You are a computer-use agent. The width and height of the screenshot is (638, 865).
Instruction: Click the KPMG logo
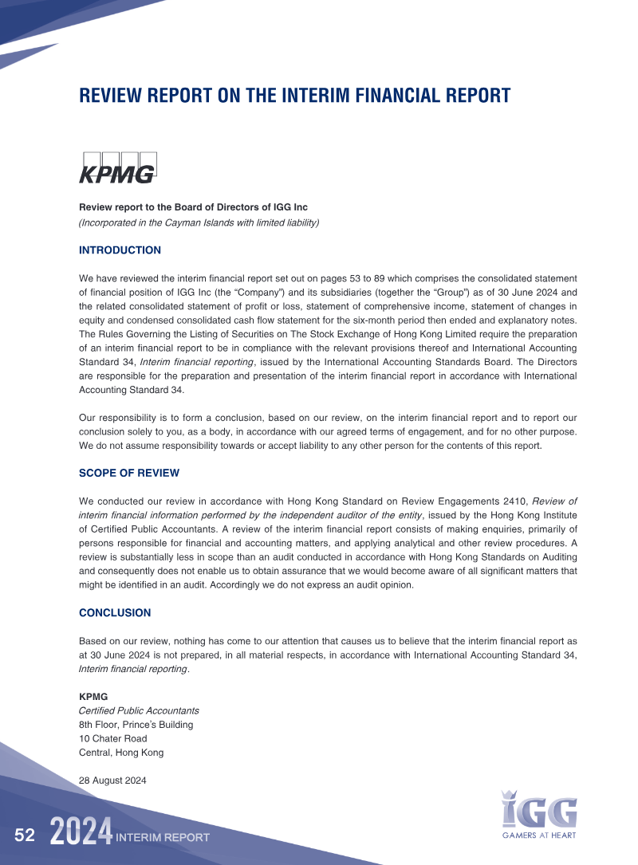(118, 167)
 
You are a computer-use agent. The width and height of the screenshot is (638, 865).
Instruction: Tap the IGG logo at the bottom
(539, 808)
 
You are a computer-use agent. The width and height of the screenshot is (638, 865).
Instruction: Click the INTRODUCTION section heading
(120, 250)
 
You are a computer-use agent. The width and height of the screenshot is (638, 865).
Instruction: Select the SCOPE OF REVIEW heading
(129, 473)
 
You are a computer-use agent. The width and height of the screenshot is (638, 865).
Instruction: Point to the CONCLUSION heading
(115, 613)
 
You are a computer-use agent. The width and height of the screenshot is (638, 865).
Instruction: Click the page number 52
(25, 836)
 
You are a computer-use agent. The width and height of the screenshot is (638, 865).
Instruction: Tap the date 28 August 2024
(112, 780)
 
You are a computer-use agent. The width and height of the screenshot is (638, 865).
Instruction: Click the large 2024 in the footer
(81, 833)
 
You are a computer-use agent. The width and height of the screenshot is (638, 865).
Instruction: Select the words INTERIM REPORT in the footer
(163, 837)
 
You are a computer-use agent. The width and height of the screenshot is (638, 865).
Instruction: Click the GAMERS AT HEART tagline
(538, 836)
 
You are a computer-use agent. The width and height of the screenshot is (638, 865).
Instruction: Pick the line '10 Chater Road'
(112, 738)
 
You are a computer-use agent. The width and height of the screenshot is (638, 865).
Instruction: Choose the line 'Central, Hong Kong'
(121, 752)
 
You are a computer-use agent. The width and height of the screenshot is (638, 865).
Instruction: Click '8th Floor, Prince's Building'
(136, 725)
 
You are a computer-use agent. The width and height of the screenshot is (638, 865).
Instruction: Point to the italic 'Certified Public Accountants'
(139, 710)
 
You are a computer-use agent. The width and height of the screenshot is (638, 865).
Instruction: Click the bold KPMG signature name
(93, 696)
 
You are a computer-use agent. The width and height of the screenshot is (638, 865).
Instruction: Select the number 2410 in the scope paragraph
(512, 501)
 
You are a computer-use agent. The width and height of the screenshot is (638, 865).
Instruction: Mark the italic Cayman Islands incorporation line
(199, 222)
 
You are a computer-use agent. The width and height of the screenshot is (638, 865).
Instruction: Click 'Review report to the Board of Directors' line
(193, 207)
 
